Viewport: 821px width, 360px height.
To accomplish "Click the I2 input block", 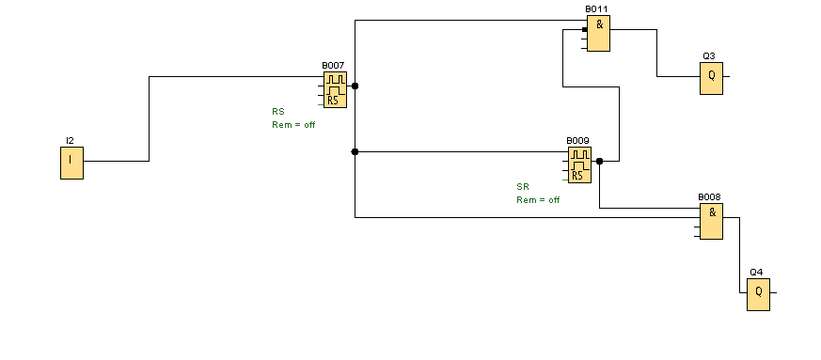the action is coord(71,163).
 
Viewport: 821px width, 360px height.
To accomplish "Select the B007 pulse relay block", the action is coord(335,90).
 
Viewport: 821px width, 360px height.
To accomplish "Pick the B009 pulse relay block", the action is coord(579,164).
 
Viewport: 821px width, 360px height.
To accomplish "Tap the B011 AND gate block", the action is coord(598,33).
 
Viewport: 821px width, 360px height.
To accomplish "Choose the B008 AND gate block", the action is coord(712,221).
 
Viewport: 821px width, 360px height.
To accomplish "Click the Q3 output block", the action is coord(712,79).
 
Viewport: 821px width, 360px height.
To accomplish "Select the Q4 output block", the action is coord(759,294).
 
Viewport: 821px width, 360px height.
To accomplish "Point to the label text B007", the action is coord(333,66).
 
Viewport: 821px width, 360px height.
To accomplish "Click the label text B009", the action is coord(577,141).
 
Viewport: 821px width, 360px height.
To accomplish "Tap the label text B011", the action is coord(596,8).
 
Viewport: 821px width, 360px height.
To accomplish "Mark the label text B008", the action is coord(709,197).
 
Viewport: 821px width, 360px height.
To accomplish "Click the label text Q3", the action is coord(709,56).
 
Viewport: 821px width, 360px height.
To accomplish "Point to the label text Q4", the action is coord(756,272).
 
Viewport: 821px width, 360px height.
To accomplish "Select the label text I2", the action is coord(70,140).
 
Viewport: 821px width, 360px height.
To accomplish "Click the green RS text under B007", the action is coord(278,112).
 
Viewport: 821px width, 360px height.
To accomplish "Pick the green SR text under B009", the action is coord(523,186).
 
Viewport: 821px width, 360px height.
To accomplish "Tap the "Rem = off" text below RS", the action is coord(293,124).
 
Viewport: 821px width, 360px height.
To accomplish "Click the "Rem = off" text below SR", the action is coord(538,200).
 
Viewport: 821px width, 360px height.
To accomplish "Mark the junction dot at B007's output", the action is coord(355,86).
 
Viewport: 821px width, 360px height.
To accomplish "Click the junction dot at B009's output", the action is coord(599,161).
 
